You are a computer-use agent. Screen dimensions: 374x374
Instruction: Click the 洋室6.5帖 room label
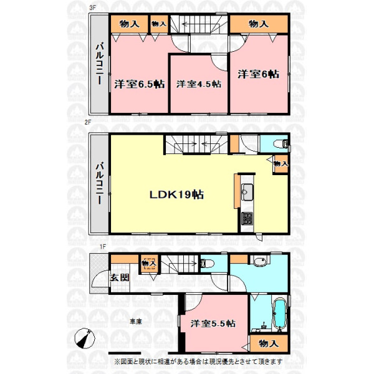point(139,84)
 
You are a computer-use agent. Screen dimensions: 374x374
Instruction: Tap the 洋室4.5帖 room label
point(199,84)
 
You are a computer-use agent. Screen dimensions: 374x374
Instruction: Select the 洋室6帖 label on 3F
point(258,74)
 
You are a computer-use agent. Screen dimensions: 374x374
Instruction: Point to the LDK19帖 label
point(176,194)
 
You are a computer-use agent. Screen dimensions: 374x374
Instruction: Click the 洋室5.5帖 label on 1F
point(213,324)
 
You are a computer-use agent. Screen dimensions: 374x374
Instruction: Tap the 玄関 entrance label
point(120,277)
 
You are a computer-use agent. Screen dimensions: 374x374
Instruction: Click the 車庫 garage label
point(136,322)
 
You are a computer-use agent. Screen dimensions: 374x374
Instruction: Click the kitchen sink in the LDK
point(247,192)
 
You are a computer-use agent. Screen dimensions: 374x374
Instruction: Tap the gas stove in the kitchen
point(247,219)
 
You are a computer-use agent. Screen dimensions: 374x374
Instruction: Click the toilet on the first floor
point(207,263)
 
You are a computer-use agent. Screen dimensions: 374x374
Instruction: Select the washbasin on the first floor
point(260,261)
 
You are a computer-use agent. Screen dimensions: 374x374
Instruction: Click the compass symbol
point(85,338)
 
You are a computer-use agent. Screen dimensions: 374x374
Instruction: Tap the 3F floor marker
point(92,7)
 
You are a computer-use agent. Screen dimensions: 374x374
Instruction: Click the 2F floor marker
point(88,122)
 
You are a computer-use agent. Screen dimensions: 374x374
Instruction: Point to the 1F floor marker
point(103,247)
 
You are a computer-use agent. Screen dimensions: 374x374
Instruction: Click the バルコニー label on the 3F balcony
point(100,64)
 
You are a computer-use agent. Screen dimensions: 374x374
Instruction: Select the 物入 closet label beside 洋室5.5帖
point(269,343)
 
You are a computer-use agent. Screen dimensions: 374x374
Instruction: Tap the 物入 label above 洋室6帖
point(259,24)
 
